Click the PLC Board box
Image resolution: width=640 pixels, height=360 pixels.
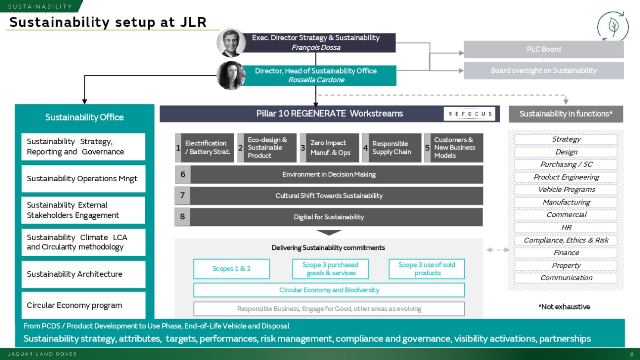click(544, 49)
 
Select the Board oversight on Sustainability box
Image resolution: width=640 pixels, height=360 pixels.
click(544, 71)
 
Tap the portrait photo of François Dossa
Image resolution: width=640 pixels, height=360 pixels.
click(231, 43)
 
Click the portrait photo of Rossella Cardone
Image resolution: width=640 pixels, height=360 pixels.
click(231, 75)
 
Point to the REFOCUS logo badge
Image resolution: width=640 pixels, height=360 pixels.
click(469, 114)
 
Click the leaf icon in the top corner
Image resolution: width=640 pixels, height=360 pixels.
click(613, 26)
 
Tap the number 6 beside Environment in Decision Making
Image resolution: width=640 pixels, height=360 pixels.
click(183, 174)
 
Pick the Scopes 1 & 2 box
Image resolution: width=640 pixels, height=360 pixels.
click(231, 269)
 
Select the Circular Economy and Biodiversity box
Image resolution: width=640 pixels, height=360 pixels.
click(329, 290)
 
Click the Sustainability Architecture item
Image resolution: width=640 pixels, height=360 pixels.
click(83, 274)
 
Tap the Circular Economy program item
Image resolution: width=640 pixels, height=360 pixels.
click(83, 305)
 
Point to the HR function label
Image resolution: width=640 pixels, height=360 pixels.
click(566, 227)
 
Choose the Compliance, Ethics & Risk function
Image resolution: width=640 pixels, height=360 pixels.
click(566, 240)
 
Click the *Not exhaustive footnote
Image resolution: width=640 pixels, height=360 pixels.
click(564, 307)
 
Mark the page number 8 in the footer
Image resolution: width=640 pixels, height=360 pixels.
click(632, 354)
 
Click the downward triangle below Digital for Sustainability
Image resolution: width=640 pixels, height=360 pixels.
click(329, 233)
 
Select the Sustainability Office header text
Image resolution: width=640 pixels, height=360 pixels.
click(84, 117)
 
